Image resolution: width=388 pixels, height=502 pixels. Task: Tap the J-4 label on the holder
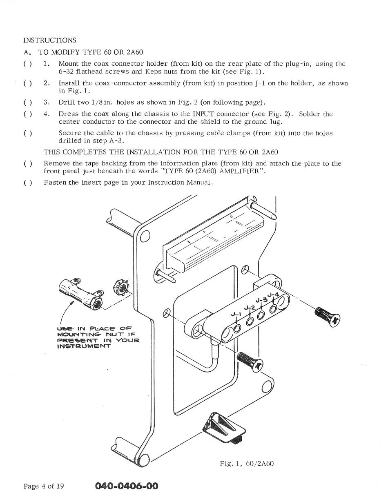click(273, 295)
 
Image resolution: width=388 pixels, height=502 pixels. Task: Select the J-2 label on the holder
click(250, 308)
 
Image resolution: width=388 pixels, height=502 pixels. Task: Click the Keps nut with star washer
click(121, 288)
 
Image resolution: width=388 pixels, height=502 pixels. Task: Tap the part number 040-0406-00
click(127, 486)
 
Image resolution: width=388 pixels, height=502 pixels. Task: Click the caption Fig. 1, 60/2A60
click(247, 463)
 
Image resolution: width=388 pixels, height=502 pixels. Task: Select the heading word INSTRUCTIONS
click(49, 40)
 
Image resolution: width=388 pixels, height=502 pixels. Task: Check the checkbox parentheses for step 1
click(28, 64)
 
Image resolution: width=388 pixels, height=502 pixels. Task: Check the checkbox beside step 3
click(28, 102)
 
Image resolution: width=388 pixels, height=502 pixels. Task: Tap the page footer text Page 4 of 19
click(44, 486)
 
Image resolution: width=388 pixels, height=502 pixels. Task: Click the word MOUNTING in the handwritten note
click(76, 335)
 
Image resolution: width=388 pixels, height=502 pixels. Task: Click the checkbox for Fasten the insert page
click(28, 183)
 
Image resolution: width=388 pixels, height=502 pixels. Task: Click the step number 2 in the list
click(47, 83)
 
